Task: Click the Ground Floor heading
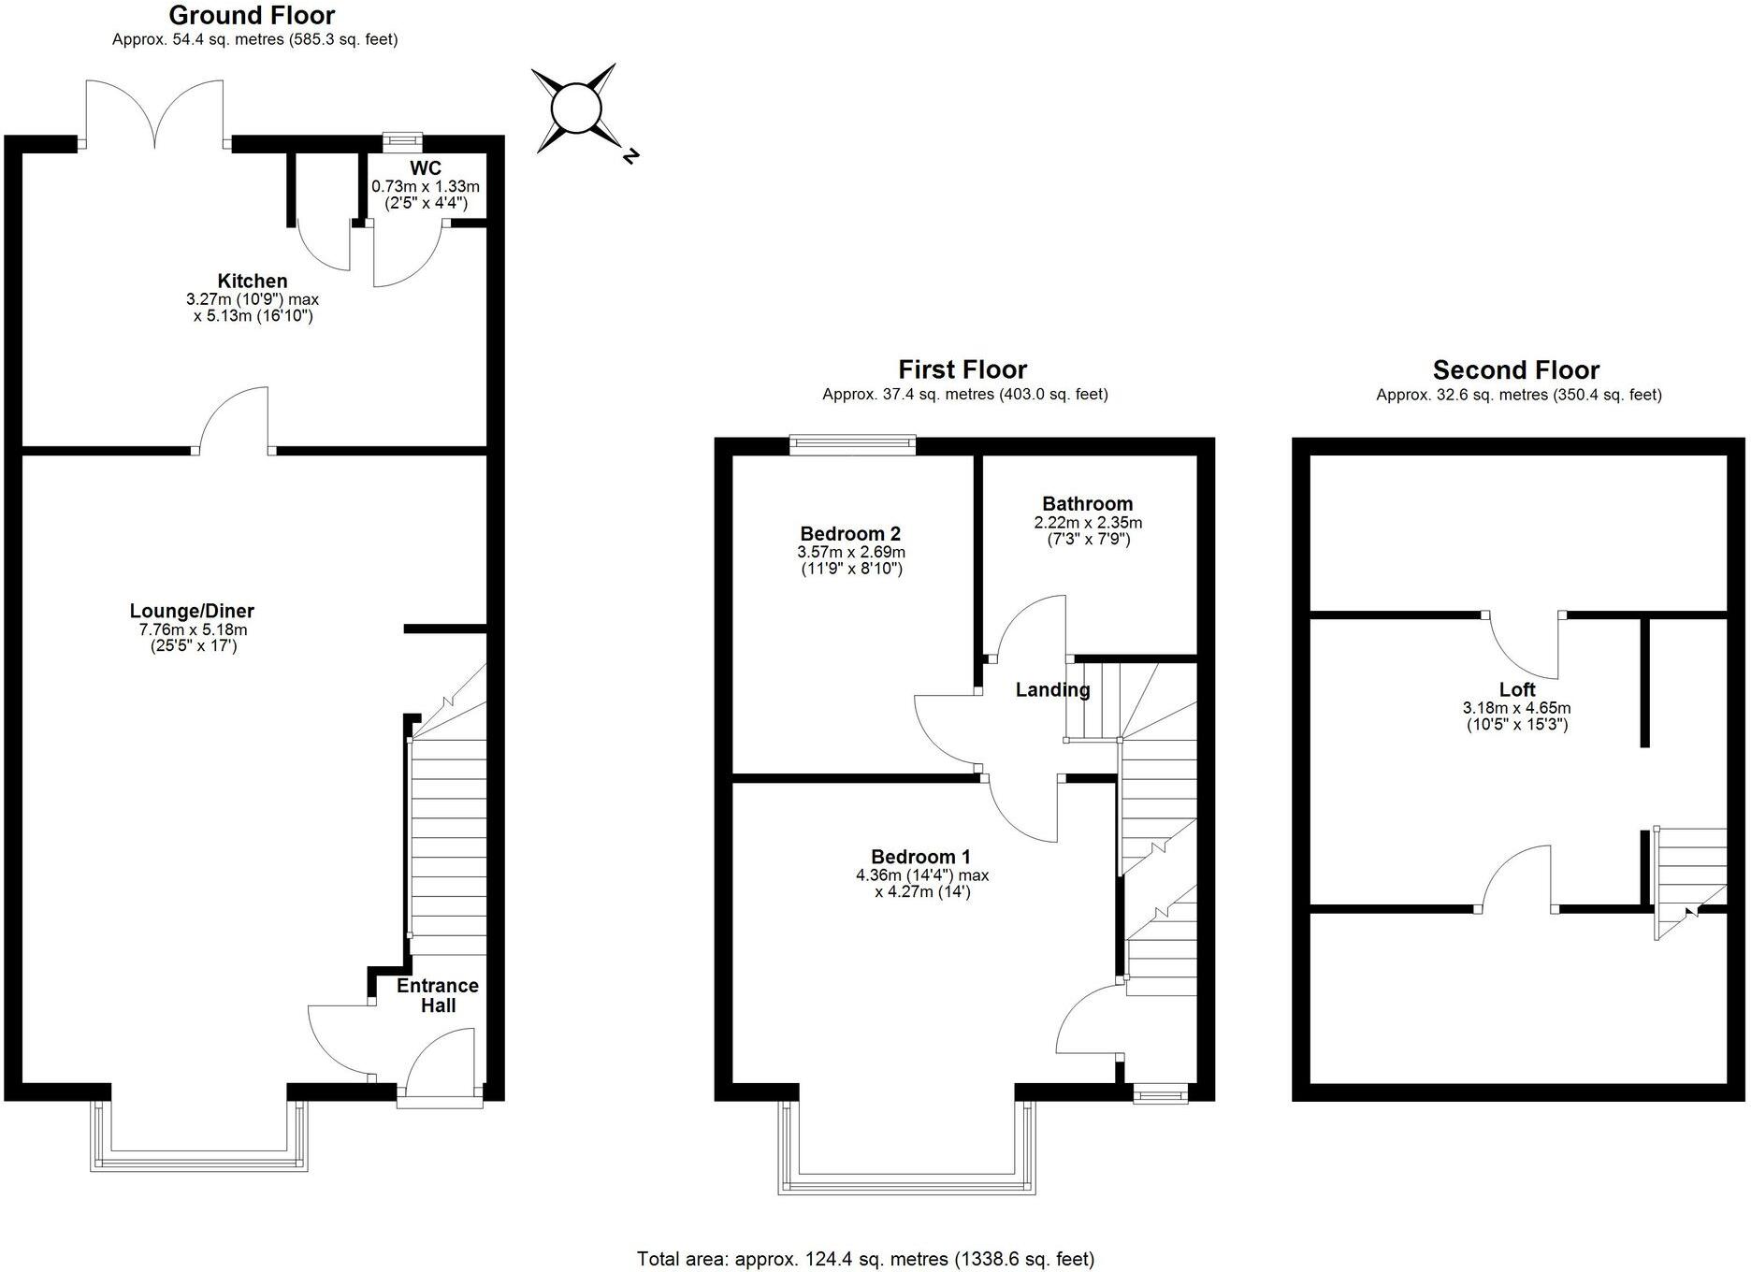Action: coord(252,15)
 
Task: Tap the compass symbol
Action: coord(574,108)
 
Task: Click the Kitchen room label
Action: coord(253,281)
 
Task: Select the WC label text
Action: coord(425,168)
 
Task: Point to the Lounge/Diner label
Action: coord(192,611)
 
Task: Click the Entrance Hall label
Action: coord(437,995)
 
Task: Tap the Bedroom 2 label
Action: coord(849,533)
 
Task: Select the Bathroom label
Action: coord(1087,503)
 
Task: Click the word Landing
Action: coord(1052,690)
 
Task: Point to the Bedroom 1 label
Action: coord(920,857)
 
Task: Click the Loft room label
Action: coord(1516,689)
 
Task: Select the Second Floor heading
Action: coord(1515,369)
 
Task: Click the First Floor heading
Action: coord(962,369)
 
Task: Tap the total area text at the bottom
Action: coord(865,1259)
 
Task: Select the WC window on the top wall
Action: coord(402,141)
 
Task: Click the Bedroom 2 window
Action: coord(852,444)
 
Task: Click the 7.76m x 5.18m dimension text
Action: coord(192,629)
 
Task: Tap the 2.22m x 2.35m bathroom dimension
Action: coord(1087,522)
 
